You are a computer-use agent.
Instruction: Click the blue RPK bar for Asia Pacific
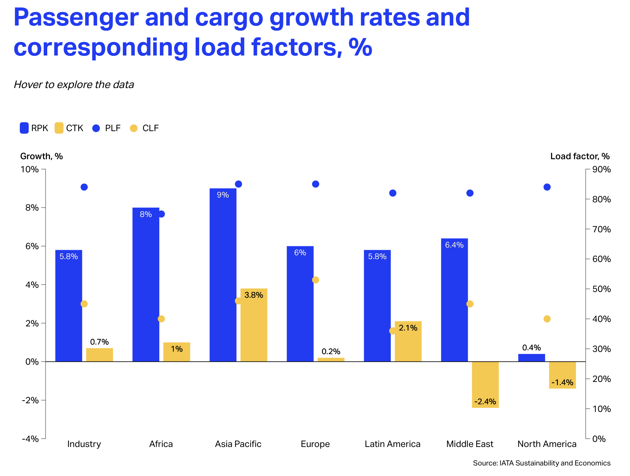click(x=223, y=274)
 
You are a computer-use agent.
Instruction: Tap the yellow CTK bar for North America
click(x=562, y=375)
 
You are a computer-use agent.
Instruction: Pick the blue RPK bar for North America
click(x=531, y=358)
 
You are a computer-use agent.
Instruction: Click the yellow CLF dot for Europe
click(x=316, y=280)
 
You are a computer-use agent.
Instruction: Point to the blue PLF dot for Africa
click(x=161, y=214)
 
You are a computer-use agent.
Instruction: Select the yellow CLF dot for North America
click(x=547, y=319)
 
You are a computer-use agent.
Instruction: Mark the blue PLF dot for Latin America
click(x=393, y=193)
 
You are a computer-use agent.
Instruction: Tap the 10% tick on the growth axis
click(x=30, y=169)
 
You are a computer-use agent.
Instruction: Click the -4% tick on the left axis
click(x=30, y=439)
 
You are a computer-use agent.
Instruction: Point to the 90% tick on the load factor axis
click(x=602, y=169)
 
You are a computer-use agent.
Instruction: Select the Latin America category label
click(x=393, y=444)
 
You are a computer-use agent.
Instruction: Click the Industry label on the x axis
click(x=84, y=444)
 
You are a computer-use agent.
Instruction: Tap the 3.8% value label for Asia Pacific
click(x=254, y=295)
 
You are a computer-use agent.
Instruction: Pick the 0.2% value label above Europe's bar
click(x=331, y=352)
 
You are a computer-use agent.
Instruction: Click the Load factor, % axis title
click(x=580, y=156)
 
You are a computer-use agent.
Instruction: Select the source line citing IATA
click(x=542, y=463)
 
